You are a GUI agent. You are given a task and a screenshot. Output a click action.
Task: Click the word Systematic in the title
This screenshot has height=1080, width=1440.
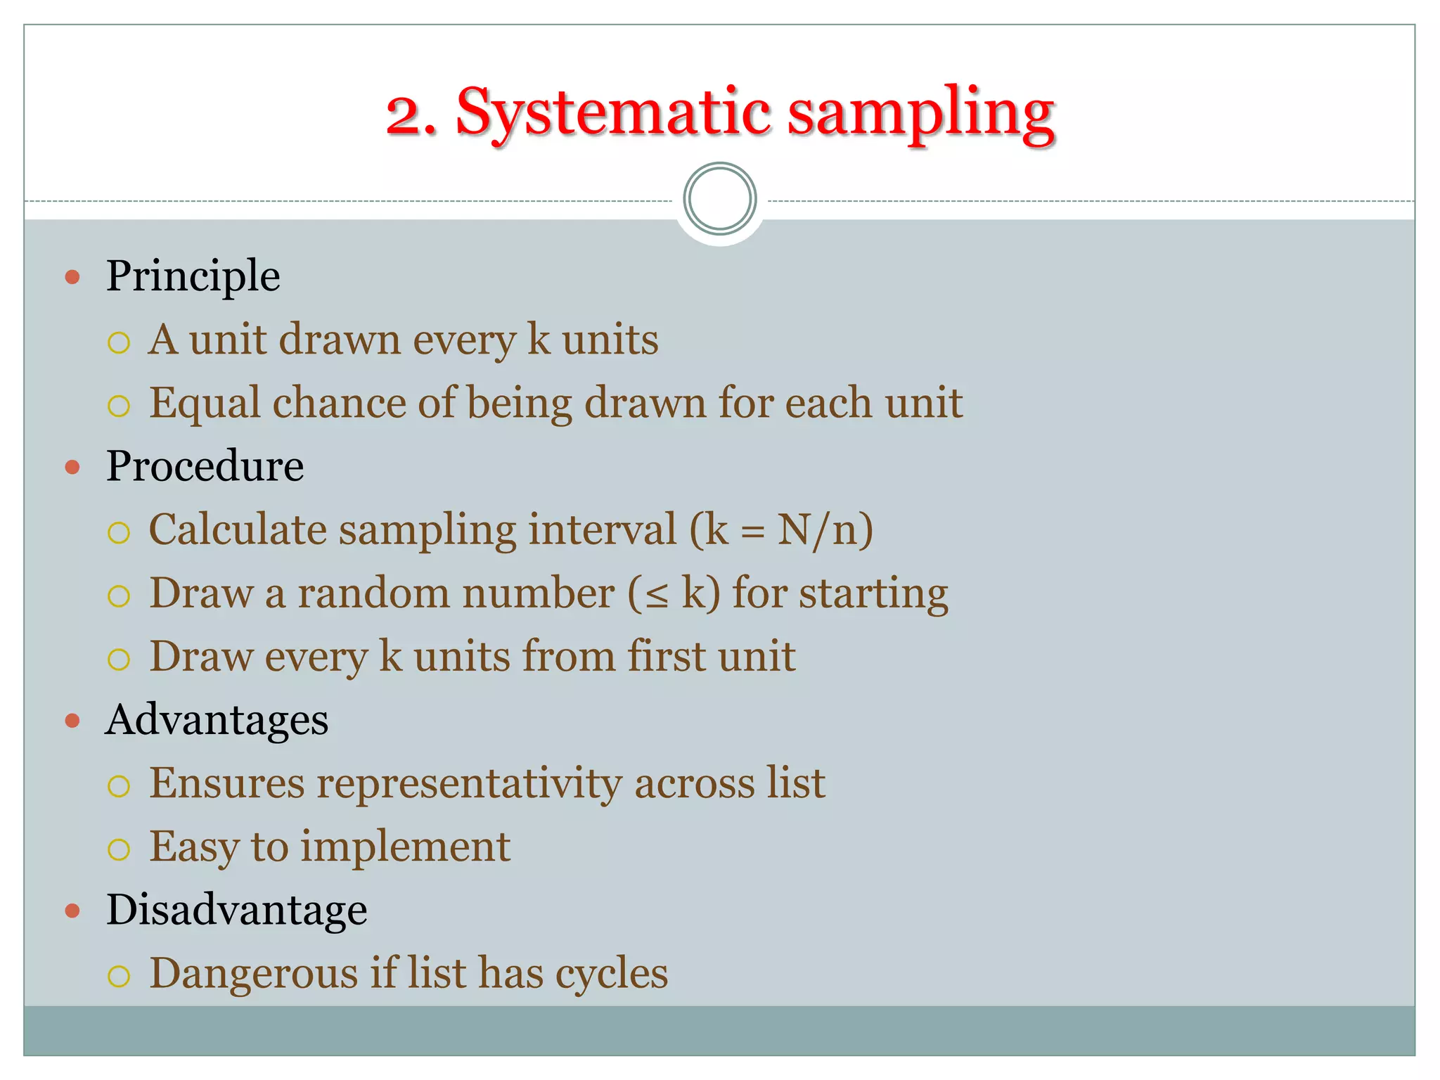click(615, 112)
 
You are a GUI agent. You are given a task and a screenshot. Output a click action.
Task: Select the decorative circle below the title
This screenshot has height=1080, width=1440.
click(719, 199)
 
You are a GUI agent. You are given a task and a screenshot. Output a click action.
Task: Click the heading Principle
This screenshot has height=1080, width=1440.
click(193, 276)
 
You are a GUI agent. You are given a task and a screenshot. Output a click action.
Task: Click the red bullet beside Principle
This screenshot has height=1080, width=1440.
click(72, 277)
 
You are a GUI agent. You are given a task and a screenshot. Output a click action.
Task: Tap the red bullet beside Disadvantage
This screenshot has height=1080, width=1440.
click(72, 911)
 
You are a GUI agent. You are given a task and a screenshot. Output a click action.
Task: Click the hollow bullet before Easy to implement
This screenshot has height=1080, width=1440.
click(119, 849)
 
